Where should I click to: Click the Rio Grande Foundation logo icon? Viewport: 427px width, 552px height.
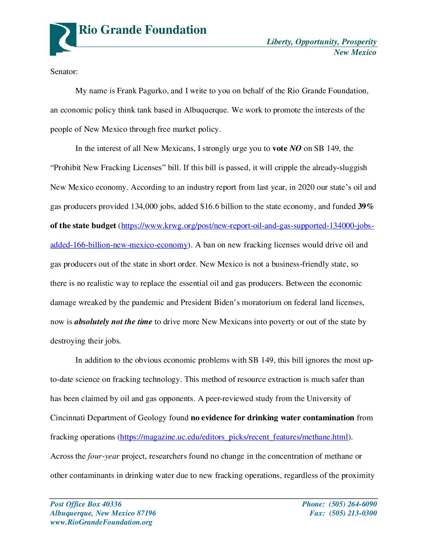click(x=62, y=39)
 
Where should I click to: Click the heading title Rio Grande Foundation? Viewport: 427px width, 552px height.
click(x=142, y=30)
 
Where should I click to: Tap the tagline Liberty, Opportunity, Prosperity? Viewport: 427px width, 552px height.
click(x=321, y=42)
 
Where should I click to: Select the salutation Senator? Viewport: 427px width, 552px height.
click(x=64, y=71)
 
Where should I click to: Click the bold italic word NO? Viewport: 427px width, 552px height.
click(x=295, y=149)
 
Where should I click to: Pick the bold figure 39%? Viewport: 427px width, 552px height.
click(x=365, y=206)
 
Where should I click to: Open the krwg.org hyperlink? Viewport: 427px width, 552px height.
click(x=247, y=226)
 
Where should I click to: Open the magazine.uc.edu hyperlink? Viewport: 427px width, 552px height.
click(x=234, y=437)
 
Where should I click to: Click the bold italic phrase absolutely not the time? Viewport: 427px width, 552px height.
click(x=113, y=322)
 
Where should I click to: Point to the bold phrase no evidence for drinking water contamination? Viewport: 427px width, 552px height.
click(x=272, y=418)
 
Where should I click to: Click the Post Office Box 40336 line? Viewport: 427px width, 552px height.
click(x=86, y=504)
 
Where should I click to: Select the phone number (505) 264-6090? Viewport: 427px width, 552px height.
click(x=352, y=504)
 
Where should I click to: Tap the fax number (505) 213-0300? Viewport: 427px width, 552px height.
click(x=352, y=513)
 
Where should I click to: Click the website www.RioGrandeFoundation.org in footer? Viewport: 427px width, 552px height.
click(x=101, y=522)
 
